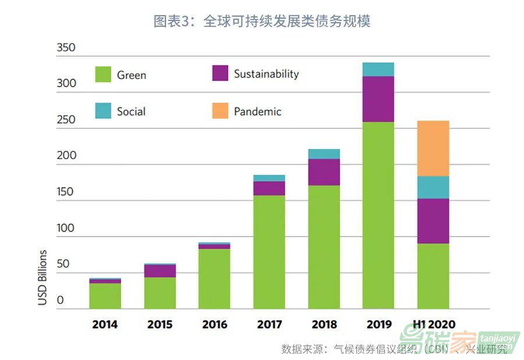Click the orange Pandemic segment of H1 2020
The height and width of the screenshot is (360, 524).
(433, 148)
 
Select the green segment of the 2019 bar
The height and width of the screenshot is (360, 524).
(378, 215)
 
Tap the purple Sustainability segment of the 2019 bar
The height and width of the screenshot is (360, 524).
(378, 99)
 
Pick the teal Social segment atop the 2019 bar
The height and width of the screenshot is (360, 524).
(378, 69)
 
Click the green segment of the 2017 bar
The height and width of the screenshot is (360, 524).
(269, 252)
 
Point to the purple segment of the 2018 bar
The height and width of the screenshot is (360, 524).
(324, 172)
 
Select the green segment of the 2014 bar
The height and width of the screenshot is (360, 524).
(105, 295)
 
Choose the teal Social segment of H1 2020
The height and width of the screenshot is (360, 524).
(433, 187)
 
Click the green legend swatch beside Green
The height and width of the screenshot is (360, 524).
(103, 74)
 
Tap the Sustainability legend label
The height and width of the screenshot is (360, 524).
(266, 74)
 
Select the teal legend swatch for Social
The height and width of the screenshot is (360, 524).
(103, 111)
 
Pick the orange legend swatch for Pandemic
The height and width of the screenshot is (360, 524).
(220, 111)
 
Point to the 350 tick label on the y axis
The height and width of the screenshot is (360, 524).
(66, 47)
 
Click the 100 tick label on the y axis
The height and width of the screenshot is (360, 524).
(66, 228)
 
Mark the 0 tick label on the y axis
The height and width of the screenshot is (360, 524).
(60, 301)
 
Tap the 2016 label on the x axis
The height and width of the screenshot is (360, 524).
(214, 324)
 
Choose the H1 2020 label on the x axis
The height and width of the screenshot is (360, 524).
(434, 324)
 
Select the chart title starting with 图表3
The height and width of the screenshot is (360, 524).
(262, 22)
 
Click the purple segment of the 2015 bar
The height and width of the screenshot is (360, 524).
(160, 271)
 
